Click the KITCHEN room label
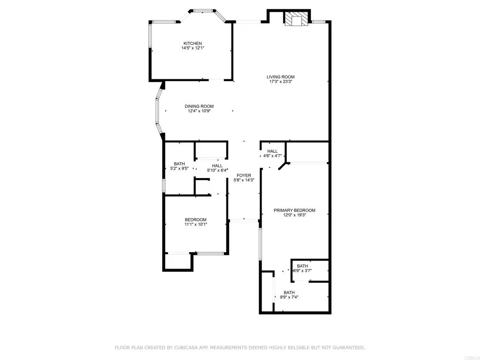[192, 44]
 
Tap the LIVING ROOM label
[281, 77]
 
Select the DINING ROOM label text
[199, 106]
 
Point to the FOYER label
[243, 175]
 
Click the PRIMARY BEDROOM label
[294, 210]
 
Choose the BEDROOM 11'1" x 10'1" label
[195, 220]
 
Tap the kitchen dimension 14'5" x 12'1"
[192, 48]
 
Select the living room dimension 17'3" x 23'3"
[281, 82]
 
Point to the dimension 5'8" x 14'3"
[243, 180]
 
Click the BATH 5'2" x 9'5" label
[180, 164]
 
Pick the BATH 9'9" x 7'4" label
[289, 292]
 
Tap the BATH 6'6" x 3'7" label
[302, 266]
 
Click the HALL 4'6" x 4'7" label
[272, 151]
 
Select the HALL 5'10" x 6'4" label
[217, 165]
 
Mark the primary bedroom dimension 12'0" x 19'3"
[294, 215]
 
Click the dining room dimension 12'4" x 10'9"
[199, 111]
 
